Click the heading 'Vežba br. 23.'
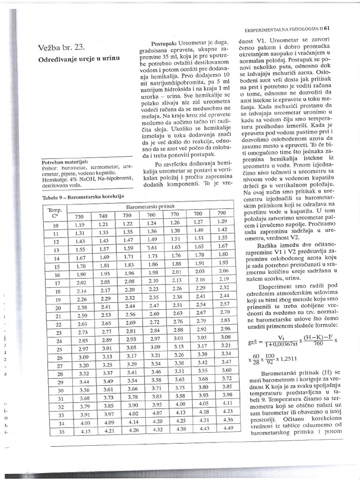click(62, 46)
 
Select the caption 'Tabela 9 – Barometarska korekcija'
click(83, 197)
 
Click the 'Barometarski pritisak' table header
click(149, 207)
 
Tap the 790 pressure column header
click(222, 214)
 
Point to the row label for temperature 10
click(56, 225)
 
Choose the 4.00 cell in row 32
click(180, 404)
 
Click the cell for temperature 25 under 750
click(128, 348)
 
